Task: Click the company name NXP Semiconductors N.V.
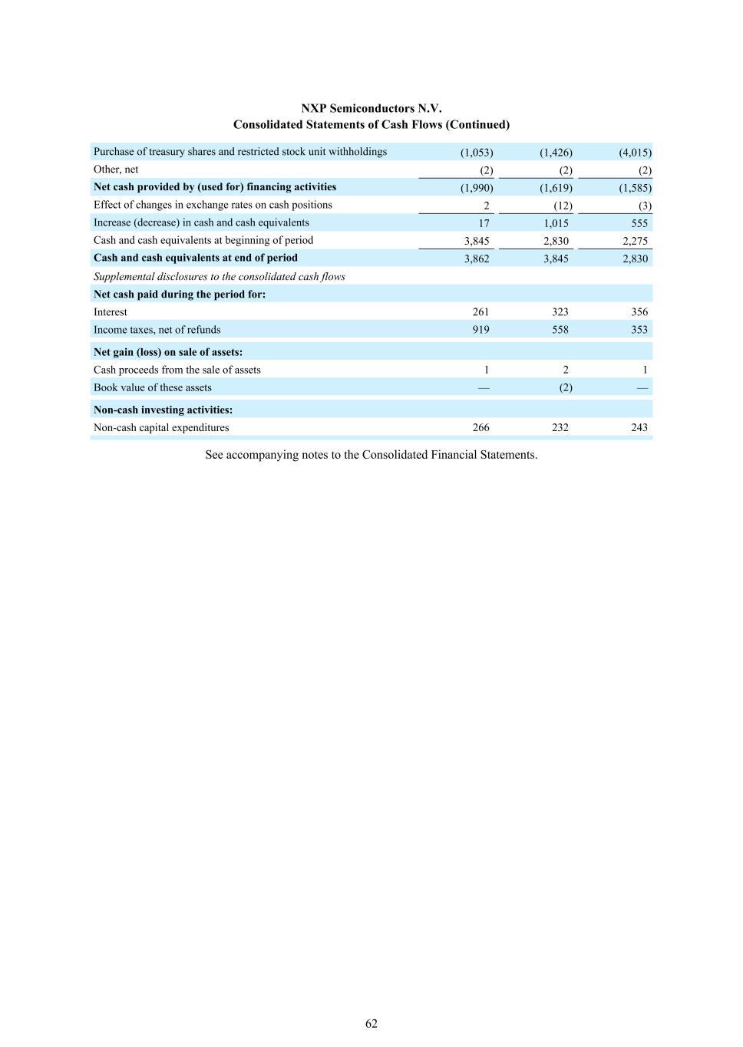pyautogui.click(x=371, y=108)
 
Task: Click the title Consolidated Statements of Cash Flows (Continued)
pyautogui.click(x=371, y=124)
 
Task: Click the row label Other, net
pyautogui.click(x=116, y=170)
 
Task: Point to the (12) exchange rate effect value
pyautogui.click(x=563, y=206)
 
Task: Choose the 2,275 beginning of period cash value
pyautogui.click(x=635, y=241)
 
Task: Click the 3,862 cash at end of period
pyautogui.click(x=477, y=258)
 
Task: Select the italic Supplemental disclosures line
pyautogui.click(x=219, y=276)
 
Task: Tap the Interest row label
pyautogui.click(x=111, y=312)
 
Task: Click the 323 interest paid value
pyautogui.click(x=560, y=312)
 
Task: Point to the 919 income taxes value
pyautogui.click(x=480, y=330)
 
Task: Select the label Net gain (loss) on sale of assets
pyautogui.click(x=168, y=352)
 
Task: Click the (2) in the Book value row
pyautogui.click(x=565, y=387)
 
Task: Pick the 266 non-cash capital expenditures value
pyautogui.click(x=480, y=428)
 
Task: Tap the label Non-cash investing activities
pyautogui.click(x=163, y=410)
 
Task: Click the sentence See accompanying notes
pyautogui.click(x=371, y=455)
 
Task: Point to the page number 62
pyautogui.click(x=371, y=1023)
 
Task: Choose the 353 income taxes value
pyautogui.click(x=639, y=330)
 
